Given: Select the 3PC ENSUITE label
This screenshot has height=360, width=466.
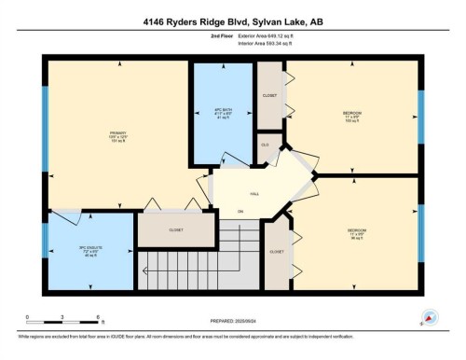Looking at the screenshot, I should click(x=89, y=253).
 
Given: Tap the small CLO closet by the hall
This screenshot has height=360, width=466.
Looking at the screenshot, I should click(x=265, y=145).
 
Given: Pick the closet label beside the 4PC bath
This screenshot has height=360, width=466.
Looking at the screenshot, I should click(x=270, y=95).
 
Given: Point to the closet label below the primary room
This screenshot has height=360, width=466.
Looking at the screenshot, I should click(x=176, y=229).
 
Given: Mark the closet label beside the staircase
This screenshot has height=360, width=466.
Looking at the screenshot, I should click(x=277, y=252).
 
